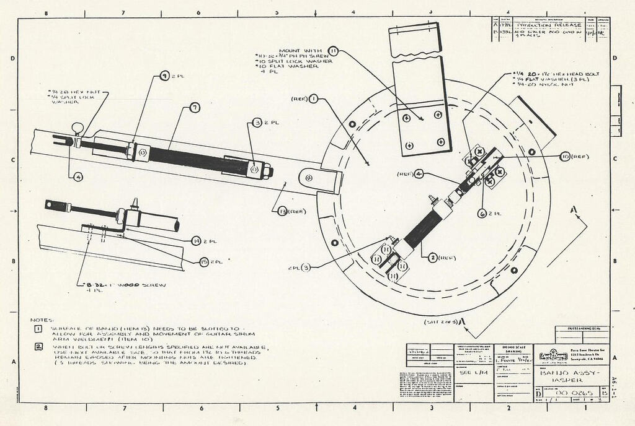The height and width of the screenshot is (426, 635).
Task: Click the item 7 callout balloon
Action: pyautogui.click(x=195, y=108)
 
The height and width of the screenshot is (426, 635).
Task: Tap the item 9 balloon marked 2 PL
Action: pyautogui.click(x=165, y=76)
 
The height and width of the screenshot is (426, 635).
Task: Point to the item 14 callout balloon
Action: pyautogui.click(x=196, y=240)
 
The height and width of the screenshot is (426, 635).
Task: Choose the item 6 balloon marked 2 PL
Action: pyautogui.click(x=482, y=213)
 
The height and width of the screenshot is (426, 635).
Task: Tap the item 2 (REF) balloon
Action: pyautogui.click(x=432, y=258)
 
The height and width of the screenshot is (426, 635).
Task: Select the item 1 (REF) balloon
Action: pyautogui.click(x=314, y=98)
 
